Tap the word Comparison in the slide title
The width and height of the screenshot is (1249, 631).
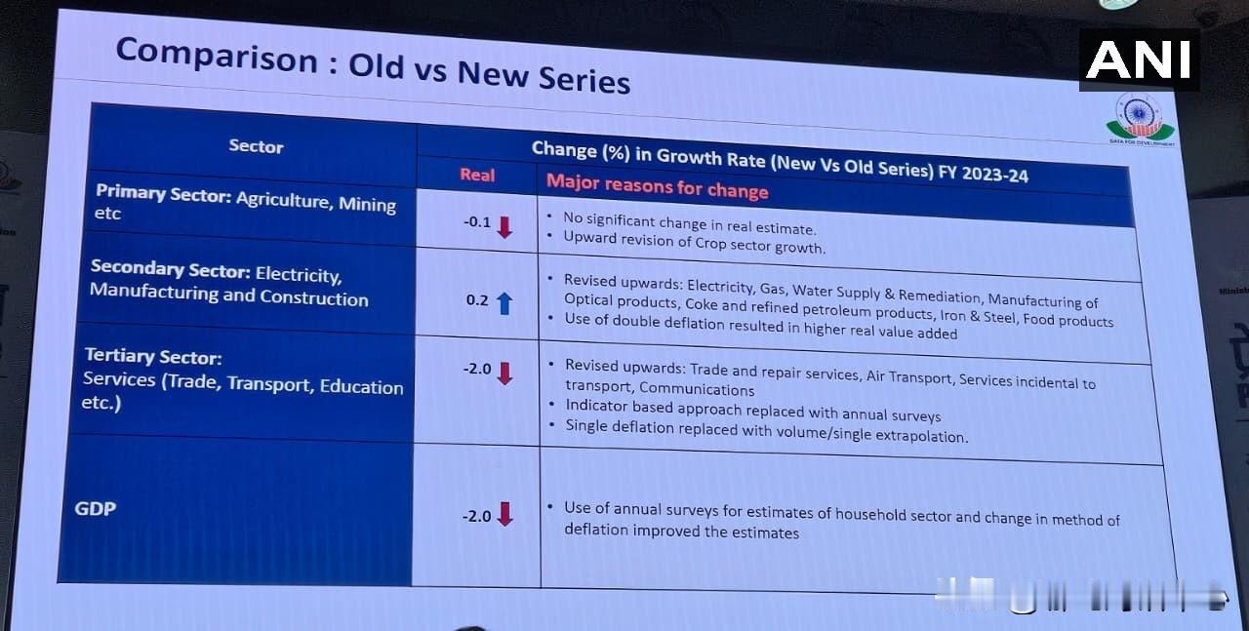217,57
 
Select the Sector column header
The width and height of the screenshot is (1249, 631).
256,146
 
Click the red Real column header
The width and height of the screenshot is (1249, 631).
477,176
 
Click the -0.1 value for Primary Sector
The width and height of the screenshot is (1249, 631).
477,222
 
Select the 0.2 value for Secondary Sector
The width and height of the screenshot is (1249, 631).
477,300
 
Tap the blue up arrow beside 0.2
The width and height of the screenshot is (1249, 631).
504,303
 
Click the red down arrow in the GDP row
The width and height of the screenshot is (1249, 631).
504,515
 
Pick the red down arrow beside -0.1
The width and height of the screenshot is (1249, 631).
504,228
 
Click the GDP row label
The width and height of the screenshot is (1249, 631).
96,508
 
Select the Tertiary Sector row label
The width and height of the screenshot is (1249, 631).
153,357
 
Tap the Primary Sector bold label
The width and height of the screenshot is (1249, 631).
163,193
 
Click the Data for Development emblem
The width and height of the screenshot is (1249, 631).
1140,119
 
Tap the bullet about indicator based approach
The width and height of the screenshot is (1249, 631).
752,412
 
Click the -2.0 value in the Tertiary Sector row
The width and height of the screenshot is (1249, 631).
477,370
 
